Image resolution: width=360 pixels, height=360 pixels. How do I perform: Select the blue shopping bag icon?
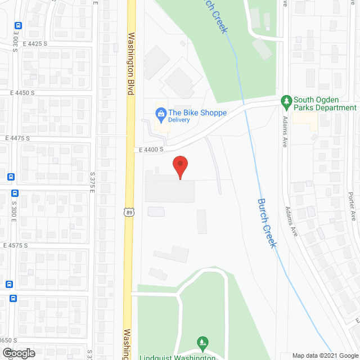pos(160,113)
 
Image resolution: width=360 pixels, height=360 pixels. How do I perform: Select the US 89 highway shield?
pos(130,211)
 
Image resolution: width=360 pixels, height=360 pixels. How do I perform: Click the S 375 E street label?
pos(93,182)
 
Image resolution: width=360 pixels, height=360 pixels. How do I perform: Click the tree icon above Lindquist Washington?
pos(202,341)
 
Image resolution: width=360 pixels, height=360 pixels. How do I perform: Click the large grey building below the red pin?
pos(169,191)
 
